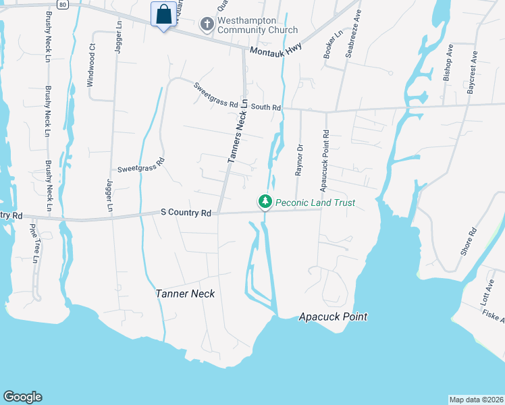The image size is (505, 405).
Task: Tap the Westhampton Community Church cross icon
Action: [x=207, y=25]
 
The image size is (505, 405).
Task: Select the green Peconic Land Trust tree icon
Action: [x=265, y=202]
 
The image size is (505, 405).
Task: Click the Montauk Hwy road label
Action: [x=275, y=51]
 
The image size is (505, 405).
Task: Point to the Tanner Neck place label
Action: [x=185, y=294]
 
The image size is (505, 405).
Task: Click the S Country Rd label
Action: [x=186, y=213]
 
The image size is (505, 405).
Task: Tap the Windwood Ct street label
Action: [x=91, y=65]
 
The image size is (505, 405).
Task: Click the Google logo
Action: [x=22, y=397]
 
